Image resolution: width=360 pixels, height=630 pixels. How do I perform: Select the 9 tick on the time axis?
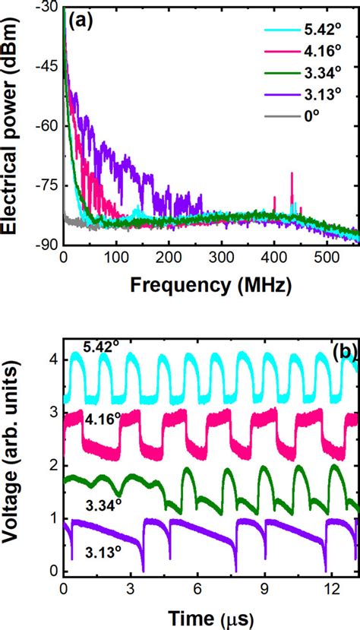pos(265,589)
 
